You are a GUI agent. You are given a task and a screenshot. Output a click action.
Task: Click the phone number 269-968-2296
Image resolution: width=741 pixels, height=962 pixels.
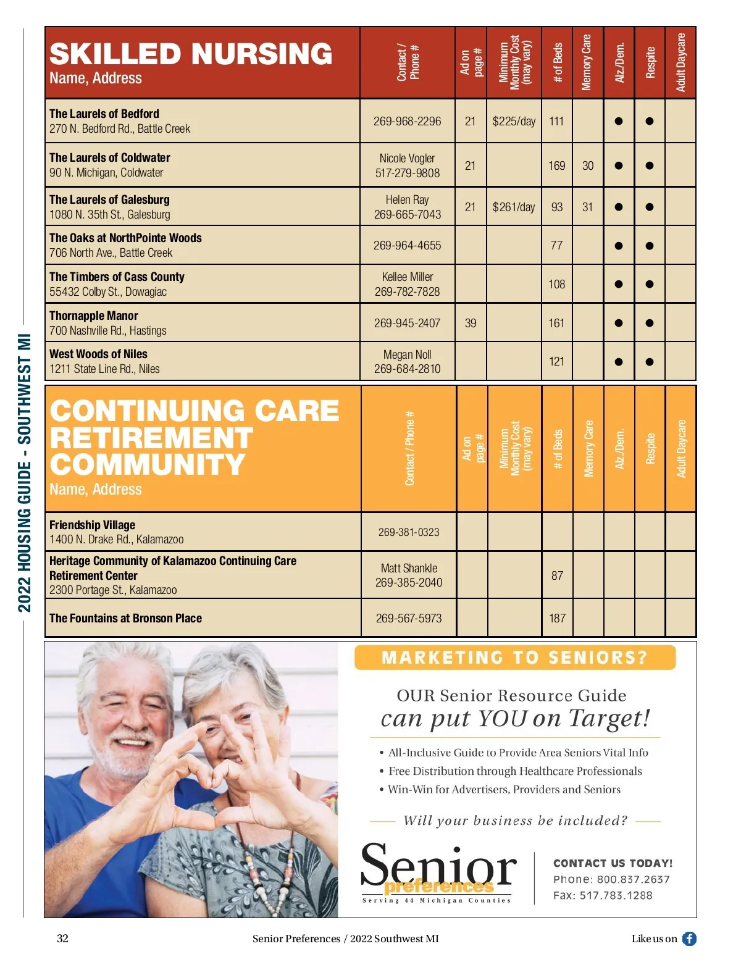click(407, 122)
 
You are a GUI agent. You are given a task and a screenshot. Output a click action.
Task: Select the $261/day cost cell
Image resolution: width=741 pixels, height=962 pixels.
click(513, 207)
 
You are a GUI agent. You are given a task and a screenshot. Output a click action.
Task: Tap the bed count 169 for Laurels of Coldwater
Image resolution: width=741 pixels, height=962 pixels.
click(556, 166)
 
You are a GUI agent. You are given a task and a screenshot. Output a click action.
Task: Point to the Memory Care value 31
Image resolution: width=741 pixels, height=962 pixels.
click(587, 207)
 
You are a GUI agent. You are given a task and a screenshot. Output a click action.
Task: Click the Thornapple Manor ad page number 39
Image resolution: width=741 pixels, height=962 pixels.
click(471, 323)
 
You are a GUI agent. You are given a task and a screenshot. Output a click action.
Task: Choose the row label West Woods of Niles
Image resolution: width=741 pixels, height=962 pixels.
click(98, 354)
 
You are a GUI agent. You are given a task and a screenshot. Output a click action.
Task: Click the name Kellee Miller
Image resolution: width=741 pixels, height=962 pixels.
click(407, 277)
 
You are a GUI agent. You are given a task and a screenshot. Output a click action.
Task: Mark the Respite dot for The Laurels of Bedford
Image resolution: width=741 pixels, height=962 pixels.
click(649, 122)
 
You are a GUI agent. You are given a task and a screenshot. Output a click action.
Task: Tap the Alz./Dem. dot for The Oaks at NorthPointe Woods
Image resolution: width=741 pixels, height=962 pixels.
click(618, 246)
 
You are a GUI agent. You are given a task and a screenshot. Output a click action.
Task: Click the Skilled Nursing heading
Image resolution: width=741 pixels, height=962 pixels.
click(191, 54)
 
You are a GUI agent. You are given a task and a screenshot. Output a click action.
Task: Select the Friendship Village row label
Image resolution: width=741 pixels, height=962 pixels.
click(92, 525)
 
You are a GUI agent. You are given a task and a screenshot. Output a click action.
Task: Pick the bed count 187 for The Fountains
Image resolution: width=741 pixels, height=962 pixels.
click(557, 618)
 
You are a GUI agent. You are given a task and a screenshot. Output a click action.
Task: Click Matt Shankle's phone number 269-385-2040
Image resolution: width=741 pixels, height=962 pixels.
click(408, 582)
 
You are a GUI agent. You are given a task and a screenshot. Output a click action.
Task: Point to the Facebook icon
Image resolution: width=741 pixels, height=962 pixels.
click(689, 939)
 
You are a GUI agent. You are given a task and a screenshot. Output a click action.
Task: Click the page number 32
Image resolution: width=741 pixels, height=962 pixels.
click(62, 939)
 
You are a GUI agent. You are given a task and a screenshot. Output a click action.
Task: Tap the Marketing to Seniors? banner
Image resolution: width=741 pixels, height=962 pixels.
click(514, 658)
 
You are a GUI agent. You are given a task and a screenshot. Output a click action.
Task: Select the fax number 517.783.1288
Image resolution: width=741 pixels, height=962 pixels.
click(615, 895)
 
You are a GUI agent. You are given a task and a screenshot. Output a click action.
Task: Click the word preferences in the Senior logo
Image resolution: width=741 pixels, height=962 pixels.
click(438, 887)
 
